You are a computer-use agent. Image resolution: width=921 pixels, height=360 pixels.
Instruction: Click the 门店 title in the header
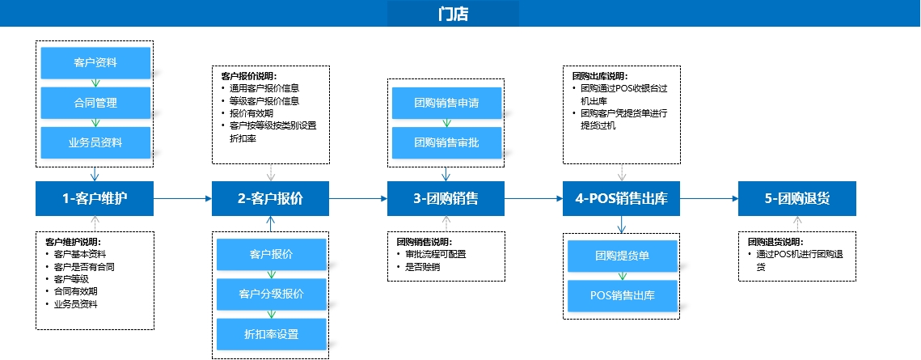[453, 14]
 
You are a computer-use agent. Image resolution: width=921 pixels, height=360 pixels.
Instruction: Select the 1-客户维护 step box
[95, 198]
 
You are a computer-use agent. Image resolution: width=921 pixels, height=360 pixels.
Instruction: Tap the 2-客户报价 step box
[270, 198]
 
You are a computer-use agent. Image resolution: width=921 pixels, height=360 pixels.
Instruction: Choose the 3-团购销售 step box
[446, 198]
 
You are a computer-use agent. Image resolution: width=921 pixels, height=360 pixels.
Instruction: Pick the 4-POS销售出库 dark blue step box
[622, 198]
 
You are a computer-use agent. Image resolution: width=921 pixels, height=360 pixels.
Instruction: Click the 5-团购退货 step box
[797, 198]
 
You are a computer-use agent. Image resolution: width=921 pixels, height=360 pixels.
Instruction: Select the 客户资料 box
[95, 63]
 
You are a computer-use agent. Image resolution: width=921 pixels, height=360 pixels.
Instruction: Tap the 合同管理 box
[95, 103]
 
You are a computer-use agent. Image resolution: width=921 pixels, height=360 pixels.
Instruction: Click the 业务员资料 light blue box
[95, 142]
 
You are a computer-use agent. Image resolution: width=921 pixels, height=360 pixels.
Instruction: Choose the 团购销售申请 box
[447, 103]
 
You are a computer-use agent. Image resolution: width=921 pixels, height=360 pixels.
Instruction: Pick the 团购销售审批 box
[447, 142]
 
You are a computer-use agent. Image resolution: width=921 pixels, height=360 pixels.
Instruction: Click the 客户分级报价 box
[272, 294]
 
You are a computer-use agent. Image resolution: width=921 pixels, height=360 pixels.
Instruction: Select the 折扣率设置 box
[272, 334]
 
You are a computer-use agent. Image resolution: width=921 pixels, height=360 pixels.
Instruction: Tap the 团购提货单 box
[623, 256]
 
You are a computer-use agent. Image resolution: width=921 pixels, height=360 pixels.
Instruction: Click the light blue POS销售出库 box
[623, 295]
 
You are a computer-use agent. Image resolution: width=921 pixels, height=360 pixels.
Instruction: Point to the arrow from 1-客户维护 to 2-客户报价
[183, 198]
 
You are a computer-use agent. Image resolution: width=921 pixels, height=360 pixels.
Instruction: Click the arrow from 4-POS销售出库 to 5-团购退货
[709, 198]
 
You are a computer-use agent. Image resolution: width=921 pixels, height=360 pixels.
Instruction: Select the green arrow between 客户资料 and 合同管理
[95, 83]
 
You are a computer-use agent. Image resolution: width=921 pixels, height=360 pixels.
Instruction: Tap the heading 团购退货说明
[775, 242]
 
